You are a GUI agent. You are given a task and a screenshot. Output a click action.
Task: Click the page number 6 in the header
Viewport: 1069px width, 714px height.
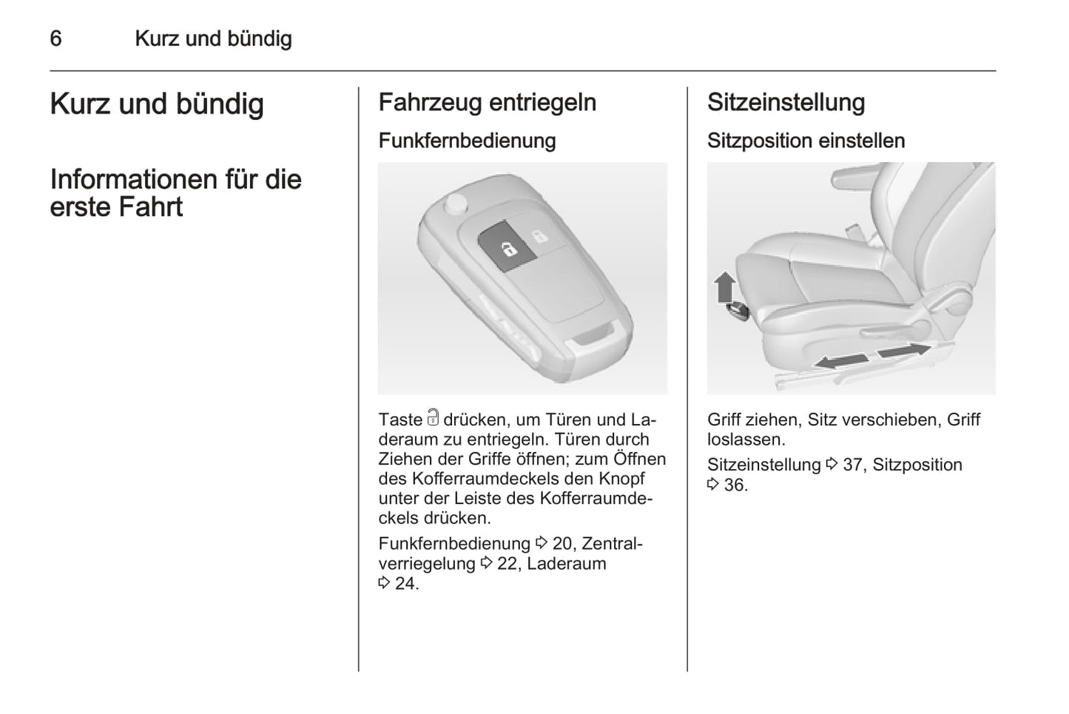pos(55,38)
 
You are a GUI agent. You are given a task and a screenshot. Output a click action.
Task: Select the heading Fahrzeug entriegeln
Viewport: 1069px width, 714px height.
pos(488,103)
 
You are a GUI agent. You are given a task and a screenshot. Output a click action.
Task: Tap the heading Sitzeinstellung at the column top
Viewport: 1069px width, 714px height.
pos(786,103)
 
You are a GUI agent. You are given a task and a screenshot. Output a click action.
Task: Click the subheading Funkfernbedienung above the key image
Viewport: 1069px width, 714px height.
pos(468,141)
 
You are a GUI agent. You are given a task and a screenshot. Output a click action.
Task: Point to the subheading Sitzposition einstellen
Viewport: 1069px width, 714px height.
pos(806,141)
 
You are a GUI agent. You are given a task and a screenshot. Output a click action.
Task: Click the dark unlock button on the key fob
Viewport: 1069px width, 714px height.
pos(507,246)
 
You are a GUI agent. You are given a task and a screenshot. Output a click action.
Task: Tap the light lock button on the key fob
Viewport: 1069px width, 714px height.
pos(540,235)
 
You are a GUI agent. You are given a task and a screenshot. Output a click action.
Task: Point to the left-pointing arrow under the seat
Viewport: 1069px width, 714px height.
pos(841,361)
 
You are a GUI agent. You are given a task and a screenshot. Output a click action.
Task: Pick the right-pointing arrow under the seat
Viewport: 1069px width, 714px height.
pos(904,350)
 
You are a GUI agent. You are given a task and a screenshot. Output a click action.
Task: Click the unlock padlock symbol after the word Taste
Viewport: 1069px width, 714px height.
pos(433,417)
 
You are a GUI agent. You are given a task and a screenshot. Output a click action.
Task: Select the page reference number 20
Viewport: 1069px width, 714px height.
pos(562,543)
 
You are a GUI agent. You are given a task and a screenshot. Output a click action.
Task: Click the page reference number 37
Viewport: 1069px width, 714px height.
pos(853,465)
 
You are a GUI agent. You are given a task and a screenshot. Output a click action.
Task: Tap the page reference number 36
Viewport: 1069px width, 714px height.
pos(734,485)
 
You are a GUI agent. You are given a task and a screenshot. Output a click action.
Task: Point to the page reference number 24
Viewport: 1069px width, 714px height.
pos(405,583)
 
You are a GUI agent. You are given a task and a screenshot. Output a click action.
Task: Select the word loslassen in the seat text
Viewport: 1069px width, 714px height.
pos(743,439)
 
